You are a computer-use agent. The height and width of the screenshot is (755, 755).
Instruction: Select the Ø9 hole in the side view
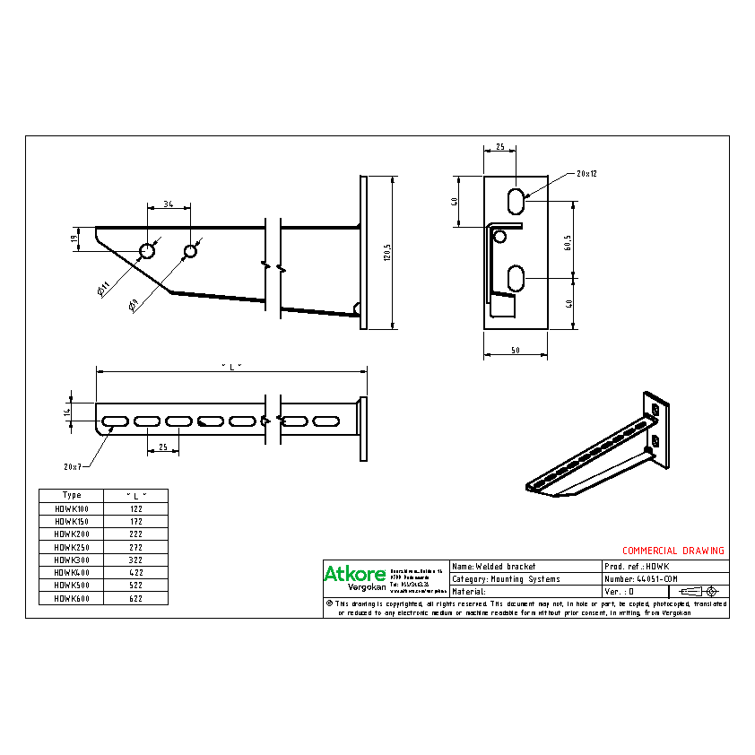[x=190, y=251]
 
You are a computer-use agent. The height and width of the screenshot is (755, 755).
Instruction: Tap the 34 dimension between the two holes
[x=169, y=205]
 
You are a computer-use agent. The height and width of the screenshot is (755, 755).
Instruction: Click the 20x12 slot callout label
[x=586, y=173]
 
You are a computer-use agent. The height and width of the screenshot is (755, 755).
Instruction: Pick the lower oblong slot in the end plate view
[x=516, y=278]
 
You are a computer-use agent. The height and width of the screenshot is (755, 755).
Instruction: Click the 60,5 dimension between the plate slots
[x=568, y=243]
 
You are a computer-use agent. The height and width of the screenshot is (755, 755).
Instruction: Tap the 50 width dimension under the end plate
[x=515, y=351]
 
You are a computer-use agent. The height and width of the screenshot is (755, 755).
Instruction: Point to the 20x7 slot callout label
[x=73, y=466]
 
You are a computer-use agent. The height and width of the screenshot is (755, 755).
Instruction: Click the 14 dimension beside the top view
[x=66, y=413]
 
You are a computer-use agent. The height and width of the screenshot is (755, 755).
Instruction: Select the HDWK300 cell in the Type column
[x=71, y=559]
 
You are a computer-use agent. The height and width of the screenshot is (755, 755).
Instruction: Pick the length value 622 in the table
[x=135, y=598]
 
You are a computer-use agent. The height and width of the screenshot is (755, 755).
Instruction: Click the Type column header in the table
[x=71, y=495]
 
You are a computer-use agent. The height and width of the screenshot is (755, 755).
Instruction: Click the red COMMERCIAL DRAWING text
[x=673, y=551]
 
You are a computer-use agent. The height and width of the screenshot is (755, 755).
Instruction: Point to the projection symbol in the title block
[x=699, y=592]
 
